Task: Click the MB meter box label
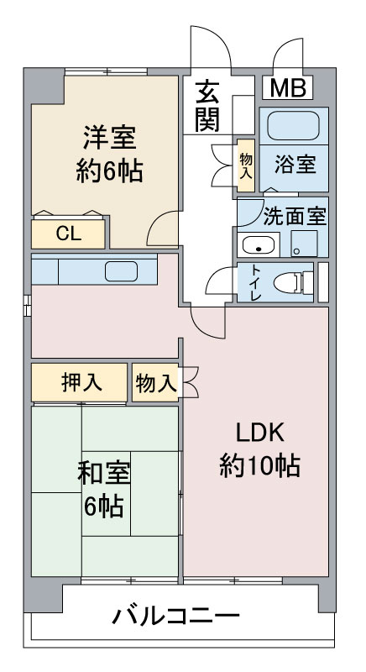[289, 88]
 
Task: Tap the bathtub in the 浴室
[293, 125]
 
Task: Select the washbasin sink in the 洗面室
[259, 245]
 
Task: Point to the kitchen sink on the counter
[121, 271]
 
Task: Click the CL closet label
[69, 234]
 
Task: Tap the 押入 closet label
[81, 382]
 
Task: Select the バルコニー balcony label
[176, 617]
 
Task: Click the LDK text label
[261, 434]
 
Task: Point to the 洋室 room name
[110, 139]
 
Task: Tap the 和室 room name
[104, 474]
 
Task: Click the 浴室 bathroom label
[295, 164]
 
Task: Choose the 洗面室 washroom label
[295, 217]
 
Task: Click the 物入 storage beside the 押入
[156, 383]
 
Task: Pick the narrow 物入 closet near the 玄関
[246, 165]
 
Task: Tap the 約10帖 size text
[260, 465]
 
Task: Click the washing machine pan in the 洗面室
[304, 244]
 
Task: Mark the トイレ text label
[255, 283]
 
